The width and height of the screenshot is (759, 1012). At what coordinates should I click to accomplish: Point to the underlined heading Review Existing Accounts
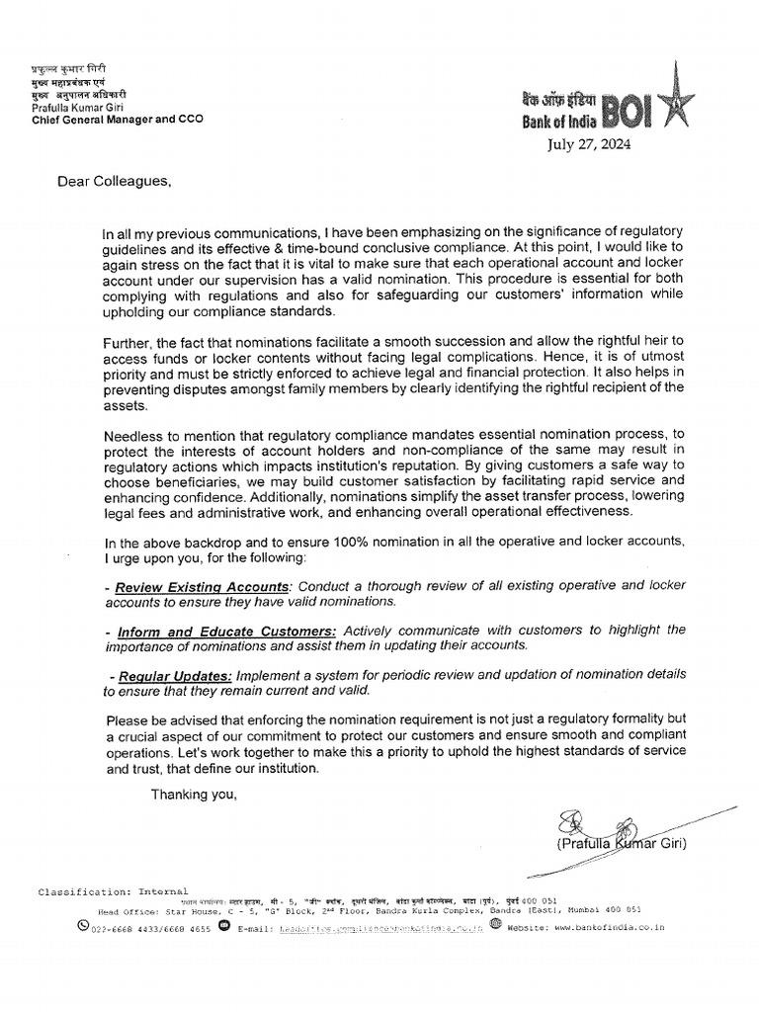(203, 587)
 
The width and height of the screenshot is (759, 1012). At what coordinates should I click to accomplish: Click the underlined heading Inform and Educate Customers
(226, 630)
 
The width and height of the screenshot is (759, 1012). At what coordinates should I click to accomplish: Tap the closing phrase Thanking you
(194, 794)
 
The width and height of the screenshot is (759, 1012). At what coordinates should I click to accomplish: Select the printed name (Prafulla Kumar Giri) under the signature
(621, 843)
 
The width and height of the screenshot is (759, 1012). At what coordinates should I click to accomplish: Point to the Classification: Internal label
(113, 891)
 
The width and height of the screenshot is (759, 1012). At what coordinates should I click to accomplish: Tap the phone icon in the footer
(83, 926)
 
